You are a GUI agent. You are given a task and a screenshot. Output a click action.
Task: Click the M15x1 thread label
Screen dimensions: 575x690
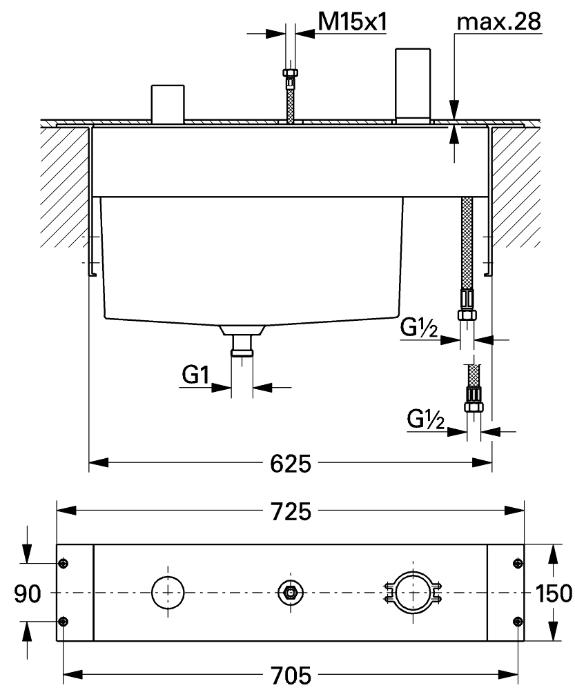(352, 21)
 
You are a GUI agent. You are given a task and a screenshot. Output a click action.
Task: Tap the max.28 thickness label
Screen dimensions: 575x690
(499, 21)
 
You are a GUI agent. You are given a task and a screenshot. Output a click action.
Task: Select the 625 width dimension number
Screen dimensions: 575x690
(291, 464)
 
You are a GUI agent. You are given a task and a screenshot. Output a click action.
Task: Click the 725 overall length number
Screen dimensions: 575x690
(291, 512)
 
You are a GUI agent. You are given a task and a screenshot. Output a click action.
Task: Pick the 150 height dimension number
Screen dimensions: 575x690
(554, 593)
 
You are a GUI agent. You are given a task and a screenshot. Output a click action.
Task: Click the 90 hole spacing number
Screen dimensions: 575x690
(28, 593)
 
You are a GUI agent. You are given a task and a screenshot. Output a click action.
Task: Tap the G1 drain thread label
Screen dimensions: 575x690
(195, 375)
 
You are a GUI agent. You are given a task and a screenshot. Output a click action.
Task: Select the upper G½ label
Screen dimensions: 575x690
(419, 327)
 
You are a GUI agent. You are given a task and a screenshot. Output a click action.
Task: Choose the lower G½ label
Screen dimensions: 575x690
(426, 419)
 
